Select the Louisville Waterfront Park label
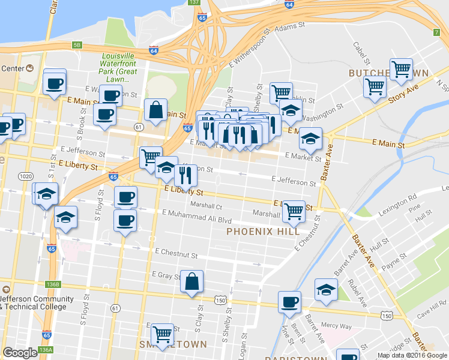(119, 67)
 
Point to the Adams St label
(294, 27)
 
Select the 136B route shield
(53, 284)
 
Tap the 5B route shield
(76, 44)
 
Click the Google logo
(20, 353)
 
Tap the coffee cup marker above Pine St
(289, 302)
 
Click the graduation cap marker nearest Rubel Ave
(326, 289)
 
